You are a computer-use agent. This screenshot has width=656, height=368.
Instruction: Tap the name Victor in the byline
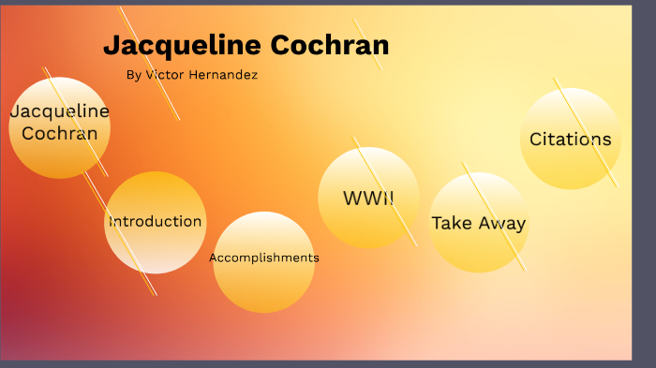165,75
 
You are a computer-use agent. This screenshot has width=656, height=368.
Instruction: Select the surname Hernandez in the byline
222,75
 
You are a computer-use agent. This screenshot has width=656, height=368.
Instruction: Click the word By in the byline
133,75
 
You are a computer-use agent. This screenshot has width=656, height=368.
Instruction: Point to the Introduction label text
155,222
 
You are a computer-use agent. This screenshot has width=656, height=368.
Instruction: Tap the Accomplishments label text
263,258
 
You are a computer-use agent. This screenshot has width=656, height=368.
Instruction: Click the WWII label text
368,199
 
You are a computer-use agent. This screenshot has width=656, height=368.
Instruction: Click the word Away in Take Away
502,223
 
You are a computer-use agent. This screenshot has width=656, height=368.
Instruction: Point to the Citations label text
570,140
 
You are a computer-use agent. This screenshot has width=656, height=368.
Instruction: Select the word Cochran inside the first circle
59,133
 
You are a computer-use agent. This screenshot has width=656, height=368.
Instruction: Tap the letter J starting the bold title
112,46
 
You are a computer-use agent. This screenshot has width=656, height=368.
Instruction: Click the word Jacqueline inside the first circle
59,111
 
